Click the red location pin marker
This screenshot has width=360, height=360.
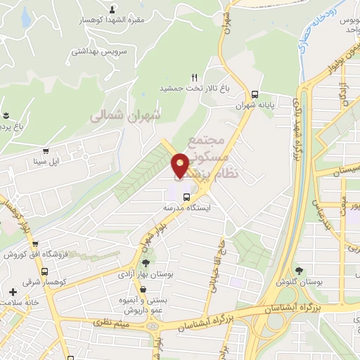coord(181,165)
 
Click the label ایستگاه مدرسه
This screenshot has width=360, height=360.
coord(187,208)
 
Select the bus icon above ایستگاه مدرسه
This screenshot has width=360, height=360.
coord(187,197)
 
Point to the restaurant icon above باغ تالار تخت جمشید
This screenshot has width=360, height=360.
coord(194,77)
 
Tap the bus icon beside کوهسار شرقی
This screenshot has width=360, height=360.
coord(45,271)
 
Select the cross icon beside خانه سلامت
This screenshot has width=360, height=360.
coord(13,292)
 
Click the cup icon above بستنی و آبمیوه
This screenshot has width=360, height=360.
coord(143,289)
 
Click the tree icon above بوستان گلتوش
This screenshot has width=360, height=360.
coord(300,271)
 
